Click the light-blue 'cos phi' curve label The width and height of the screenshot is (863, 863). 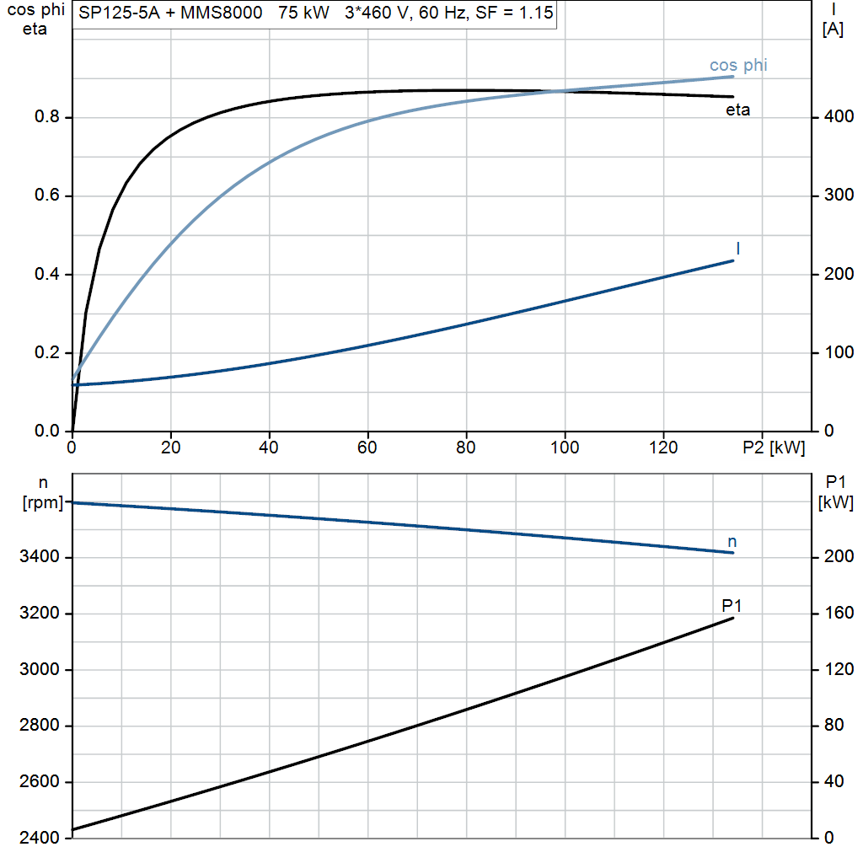[x=738, y=65]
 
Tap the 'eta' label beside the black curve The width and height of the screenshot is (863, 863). [x=737, y=110]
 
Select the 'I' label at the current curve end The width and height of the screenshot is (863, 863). [x=737, y=249]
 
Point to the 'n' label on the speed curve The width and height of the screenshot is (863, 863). [x=732, y=542]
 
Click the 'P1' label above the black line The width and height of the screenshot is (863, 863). [x=732, y=605]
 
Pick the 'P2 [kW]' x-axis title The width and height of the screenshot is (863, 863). [x=774, y=448]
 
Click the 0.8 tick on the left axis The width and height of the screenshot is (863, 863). [x=47, y=116]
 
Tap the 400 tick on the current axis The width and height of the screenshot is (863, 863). [x=839, y=116]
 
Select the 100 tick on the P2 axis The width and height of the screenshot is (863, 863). [x=565, y=448]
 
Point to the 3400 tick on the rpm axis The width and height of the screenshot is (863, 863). [x=39, y=556]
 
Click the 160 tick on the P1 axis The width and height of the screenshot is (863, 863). [x=839, y=613]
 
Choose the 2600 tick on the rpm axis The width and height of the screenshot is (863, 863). [x=39, y=781]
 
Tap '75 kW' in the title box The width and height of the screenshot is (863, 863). [x=303, y=13]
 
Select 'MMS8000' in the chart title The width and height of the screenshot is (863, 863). [x=222, y=13]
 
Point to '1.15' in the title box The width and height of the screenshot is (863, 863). [x=536, y=13]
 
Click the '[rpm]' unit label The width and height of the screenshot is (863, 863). [x=43, y=502]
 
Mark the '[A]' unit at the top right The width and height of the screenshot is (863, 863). [x=833, y=29]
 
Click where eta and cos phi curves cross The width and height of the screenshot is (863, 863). [x=556, y=91]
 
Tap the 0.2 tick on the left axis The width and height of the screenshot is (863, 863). [x=47, y=352]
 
